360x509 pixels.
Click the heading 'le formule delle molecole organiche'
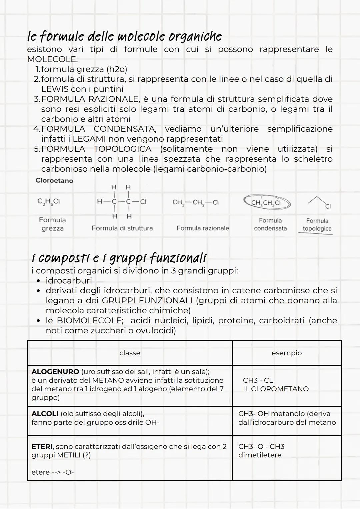point(124,36)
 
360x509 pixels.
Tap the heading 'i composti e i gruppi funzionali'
point(119,258)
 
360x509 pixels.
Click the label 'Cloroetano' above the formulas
point(54,180)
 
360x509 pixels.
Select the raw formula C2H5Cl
point(49,202)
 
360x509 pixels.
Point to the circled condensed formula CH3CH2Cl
point(267,203)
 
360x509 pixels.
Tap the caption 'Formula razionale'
point(203,228)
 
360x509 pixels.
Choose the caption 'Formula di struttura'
point(122,228)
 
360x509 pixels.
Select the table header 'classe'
point(130,353)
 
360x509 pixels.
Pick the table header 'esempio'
point(287,353)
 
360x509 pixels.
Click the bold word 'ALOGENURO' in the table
point(55,372)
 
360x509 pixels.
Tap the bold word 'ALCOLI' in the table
point(45,414)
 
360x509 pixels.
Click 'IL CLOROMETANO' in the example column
point(276,389)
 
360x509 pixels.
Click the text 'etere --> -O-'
point(52,472)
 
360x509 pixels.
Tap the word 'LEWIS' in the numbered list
point(55,89)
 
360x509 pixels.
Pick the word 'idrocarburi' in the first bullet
point(69,280)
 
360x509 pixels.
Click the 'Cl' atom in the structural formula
point(143,202)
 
